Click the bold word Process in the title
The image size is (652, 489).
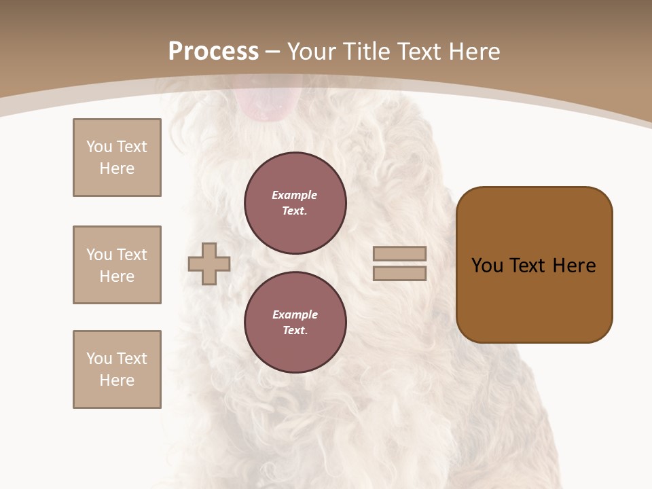click(213, 52)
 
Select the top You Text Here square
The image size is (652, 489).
click(117, 158)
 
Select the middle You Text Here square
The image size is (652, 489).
click(117, 265)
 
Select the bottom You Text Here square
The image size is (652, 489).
click(117, 369)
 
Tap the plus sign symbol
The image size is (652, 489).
click(209, 264)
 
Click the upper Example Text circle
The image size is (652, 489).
click(295, 203)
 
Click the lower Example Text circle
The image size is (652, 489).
click(295, 323)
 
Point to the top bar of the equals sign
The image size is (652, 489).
click(399, 254)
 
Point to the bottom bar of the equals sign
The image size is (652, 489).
click(399, 274)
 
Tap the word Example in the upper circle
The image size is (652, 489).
click(295, 196)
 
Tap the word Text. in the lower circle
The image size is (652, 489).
click(295, 331)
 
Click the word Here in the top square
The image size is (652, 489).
click(117, 168)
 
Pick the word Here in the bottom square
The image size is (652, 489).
click(117, 380)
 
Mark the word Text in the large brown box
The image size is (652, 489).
click(529, 266)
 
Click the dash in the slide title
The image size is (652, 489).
click(273, 52)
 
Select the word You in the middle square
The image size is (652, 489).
click(98, 255)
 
